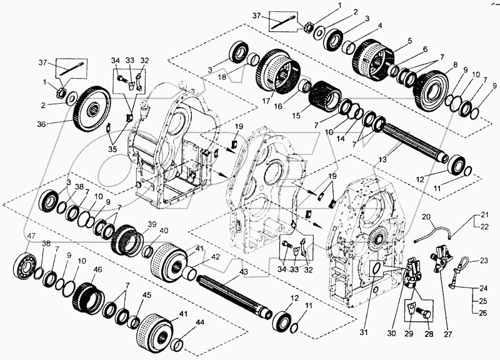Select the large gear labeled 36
[92, 110]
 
